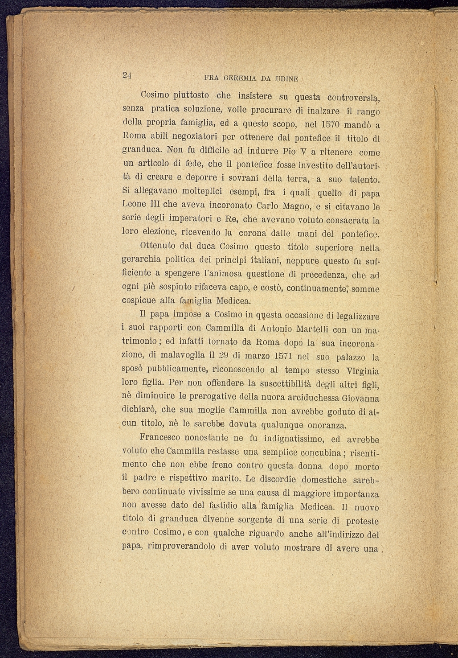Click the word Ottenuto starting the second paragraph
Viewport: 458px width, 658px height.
point(157,246)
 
